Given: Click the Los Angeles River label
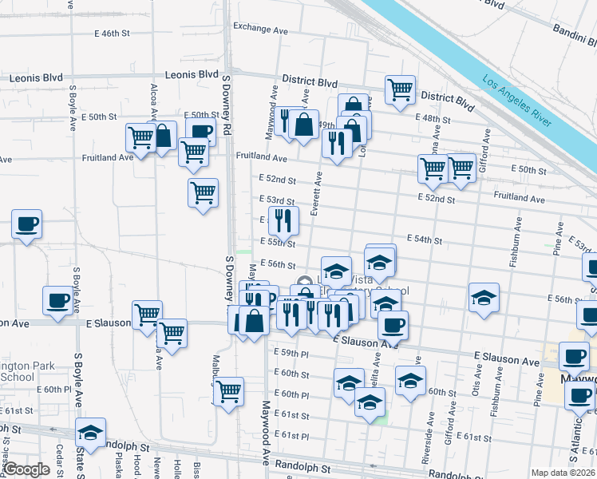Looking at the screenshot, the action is [x=516, y=101].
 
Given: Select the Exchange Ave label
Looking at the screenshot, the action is [x=260, y=29].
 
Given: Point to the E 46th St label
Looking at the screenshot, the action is [x=111, y=34].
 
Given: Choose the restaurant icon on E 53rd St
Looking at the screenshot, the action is [x=283, y=220].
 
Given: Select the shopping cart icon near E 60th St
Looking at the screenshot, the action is [x=229, y=391].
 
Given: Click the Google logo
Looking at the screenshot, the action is [x=26, y=469].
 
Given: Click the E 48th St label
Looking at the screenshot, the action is [x=437, y=119].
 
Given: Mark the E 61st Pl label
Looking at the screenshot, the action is [x=291, y=436].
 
